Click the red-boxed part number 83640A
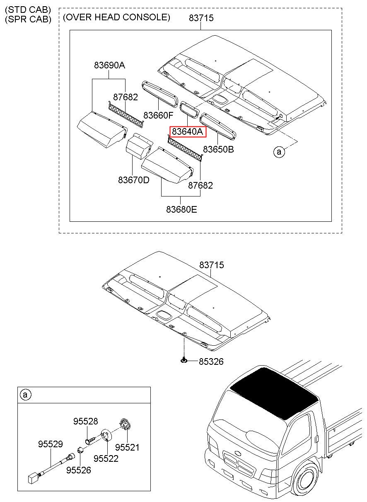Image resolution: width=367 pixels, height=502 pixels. [187, 131]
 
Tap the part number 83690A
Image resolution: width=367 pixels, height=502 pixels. [109, 65]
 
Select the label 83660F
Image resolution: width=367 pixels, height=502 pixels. [158, 115]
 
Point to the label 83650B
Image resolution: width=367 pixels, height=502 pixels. [218, 149]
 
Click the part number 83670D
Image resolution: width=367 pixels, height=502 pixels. [134, 180]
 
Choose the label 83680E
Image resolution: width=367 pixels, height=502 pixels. [181, 209]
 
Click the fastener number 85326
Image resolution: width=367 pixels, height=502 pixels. [211, 362]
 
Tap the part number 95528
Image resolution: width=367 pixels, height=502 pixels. [85, 422]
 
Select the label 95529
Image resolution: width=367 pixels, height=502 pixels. [51, 444]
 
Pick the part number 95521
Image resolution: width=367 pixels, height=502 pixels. [127, 447]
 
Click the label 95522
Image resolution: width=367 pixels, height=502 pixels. [106, 458]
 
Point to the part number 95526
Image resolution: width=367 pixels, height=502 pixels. [79, 470]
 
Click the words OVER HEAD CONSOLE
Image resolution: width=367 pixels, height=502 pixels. [116, 17]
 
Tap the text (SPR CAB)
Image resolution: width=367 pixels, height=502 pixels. [28, 19]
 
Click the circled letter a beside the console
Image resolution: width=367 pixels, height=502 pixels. [279, 152]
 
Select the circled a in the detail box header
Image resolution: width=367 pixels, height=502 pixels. [26, 395]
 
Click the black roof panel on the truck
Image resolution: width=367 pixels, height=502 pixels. [274, 393]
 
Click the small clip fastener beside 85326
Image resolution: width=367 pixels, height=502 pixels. [184, 360]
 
